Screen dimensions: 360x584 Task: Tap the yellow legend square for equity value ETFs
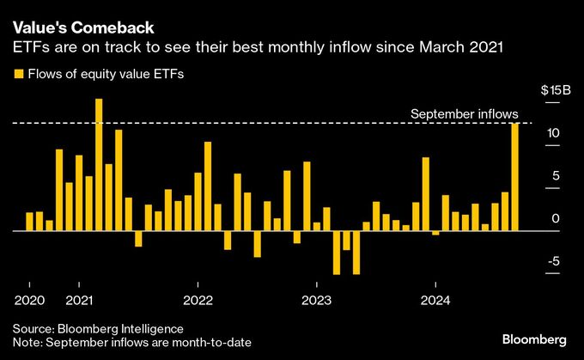point(18,75)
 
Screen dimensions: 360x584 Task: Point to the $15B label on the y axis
point(550,90)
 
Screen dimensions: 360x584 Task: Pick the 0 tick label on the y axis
point(556,219)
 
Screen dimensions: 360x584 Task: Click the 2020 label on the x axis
point(29,300)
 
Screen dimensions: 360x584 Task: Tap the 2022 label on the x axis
point(198,300)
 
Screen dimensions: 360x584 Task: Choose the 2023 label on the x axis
point(317,300)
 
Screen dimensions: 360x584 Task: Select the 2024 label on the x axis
point(435,300)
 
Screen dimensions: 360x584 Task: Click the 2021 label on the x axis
point(79,300)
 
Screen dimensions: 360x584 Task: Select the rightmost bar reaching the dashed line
point(515,177)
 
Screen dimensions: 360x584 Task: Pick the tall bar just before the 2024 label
point(426,194)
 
